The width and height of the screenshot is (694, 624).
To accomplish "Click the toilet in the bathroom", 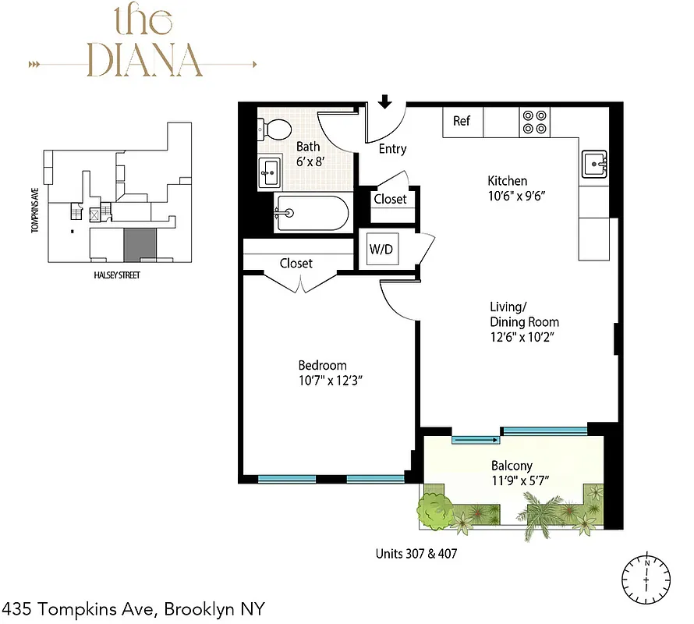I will (274, 129).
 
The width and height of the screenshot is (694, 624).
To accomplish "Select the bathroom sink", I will (271, 170).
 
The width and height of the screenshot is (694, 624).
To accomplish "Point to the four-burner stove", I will (535, 121).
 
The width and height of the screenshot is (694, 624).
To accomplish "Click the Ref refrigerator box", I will (462, 122).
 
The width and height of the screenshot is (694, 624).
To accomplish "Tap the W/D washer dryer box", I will (381, 251).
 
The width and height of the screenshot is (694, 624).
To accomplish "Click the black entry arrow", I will (384, 102).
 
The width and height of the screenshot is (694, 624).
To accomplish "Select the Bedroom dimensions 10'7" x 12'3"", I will (334, 381).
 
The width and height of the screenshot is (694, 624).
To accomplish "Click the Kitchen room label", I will (508, 181).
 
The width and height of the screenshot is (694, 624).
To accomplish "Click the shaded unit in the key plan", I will (140, 244).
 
